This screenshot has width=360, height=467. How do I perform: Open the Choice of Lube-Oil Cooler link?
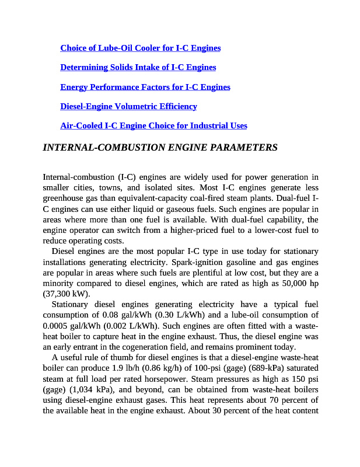(x=140, y=48)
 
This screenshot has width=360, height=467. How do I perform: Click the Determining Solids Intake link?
(x=138, y=67)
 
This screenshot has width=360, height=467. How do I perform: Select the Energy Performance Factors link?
(x=145, y=87)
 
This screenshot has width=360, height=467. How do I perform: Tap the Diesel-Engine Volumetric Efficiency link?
(x=128, y=106)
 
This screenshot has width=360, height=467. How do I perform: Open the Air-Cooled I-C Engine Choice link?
(x=153, y=126)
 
